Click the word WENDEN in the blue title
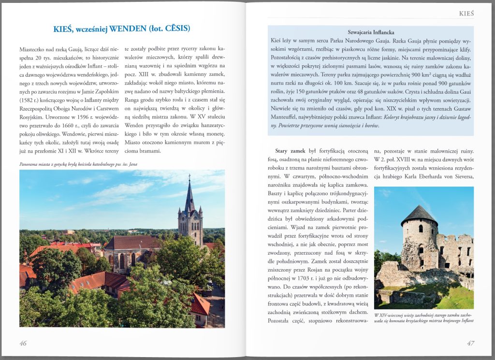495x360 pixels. [x=128, y=29]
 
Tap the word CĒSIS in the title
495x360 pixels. [x=174, y=29]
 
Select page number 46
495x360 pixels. [x=23, y=343]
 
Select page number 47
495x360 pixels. [x=470, y=343]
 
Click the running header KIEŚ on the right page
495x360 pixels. [x=466, y=14]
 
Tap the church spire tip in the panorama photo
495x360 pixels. [x=189, y=177]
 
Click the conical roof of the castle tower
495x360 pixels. [x=419, y=214]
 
